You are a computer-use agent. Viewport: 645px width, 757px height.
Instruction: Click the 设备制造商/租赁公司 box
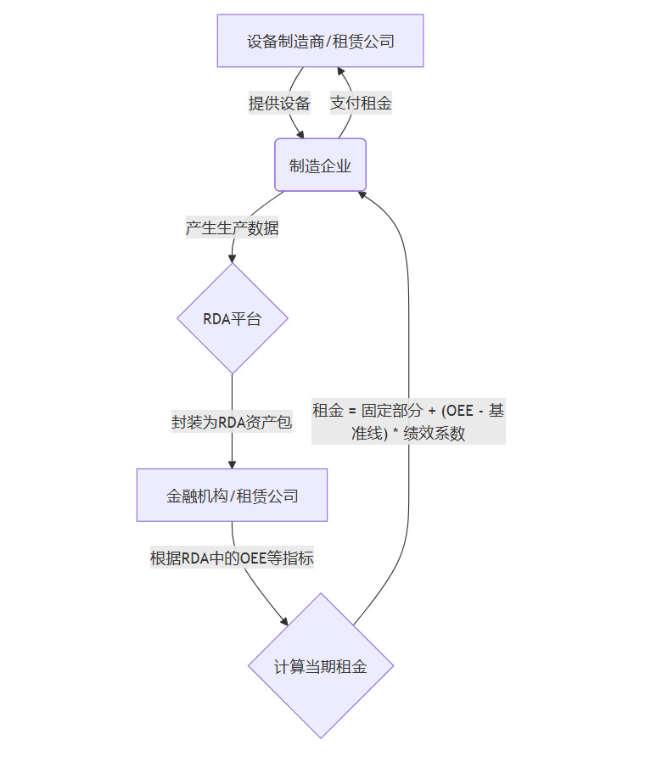(x=320, y=40)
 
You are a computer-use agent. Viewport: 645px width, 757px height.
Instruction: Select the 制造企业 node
(x=320, y=165)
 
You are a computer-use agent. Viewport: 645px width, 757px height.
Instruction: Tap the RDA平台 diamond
(x=232, y=319)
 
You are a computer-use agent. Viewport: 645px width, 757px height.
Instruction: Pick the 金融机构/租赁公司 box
(x=232, y=495)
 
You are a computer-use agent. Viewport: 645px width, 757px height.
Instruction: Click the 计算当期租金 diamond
(x=320, y=666)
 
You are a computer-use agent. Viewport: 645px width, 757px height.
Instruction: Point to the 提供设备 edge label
(x=279, y=104)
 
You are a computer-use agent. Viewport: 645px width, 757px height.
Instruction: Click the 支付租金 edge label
(x=361, y=104)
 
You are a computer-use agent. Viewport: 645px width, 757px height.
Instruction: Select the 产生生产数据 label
(x=232, y=227)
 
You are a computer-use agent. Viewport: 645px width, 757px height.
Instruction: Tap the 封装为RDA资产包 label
(x=232, y=422)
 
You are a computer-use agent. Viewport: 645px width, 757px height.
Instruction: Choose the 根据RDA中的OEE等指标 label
(x=232, y=558)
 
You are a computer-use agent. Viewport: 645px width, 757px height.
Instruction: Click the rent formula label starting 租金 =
(x=408, y=422)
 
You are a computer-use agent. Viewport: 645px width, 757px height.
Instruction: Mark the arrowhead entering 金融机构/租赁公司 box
(x=232, y=463)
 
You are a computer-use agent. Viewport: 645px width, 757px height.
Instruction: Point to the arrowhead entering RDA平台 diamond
(x=232, y=258)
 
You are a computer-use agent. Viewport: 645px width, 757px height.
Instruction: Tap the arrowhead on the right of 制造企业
(x=362, y=194)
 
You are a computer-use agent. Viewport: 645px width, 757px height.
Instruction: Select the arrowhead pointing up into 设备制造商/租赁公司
(x=341, y=72)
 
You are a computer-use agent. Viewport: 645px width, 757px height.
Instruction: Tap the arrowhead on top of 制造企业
(x=300, y=133)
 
